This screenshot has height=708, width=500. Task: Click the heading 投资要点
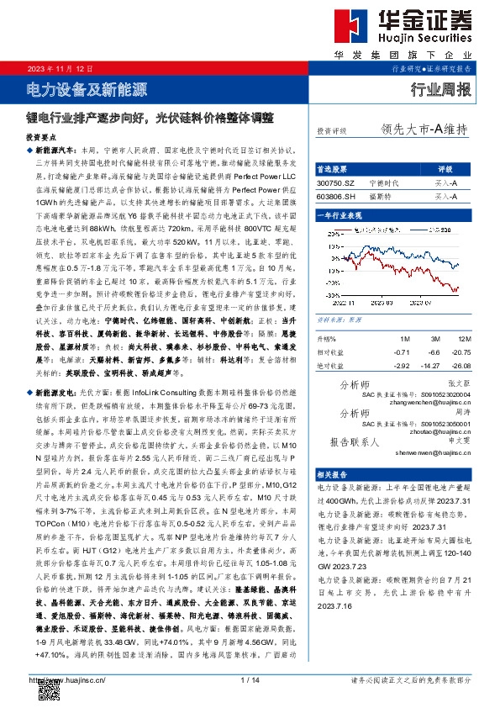point(43,135)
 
